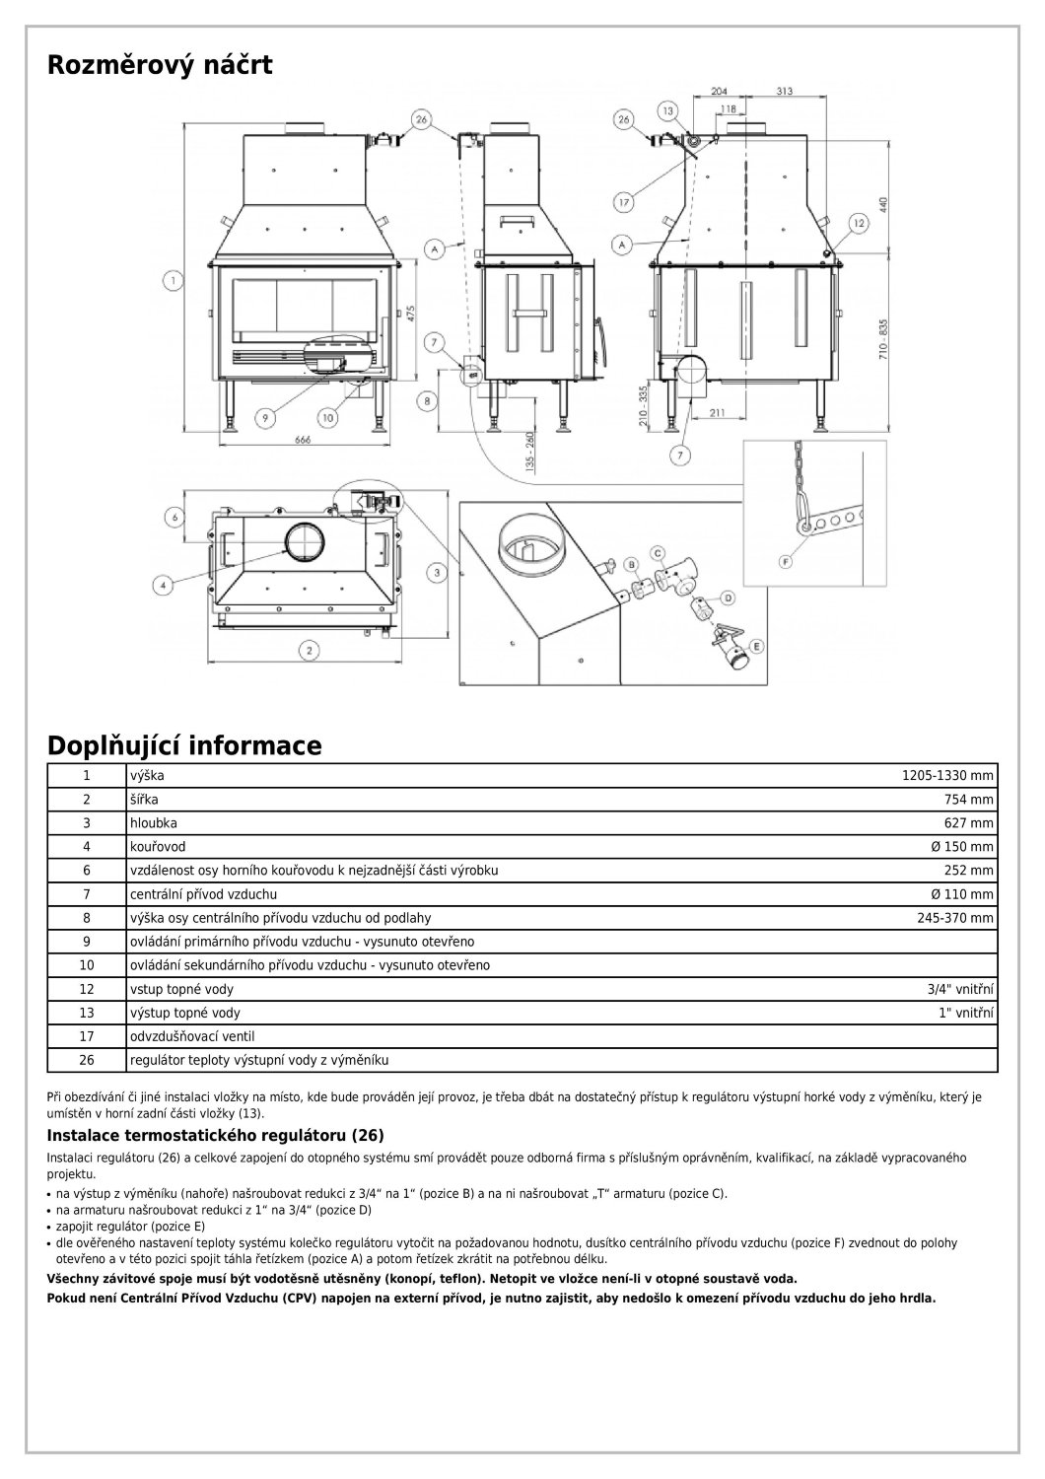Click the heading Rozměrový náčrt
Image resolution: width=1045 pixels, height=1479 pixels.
click(160, 66)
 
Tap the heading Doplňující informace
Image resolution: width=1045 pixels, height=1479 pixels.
click(184, 745)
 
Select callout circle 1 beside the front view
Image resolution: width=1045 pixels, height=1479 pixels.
click(174, 281)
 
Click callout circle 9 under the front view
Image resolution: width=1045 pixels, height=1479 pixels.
click(263, 418)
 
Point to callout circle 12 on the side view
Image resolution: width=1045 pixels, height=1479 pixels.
click(857, 225)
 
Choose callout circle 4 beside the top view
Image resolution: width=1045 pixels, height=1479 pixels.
click(163, 583)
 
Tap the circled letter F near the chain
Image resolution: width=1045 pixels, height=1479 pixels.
click(786, 561)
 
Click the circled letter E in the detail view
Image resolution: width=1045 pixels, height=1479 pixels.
click(757, 646)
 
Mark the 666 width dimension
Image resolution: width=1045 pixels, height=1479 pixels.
click(304, 440)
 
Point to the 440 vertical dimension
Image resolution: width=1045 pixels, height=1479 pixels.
click(884, 205)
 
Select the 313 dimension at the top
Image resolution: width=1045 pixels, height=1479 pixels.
click(784, 91)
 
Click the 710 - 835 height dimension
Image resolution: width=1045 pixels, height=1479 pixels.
click(884, 340)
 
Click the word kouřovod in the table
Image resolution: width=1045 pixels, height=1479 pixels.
click(158, 847)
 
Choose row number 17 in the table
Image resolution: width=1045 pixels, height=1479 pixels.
click(87, 1036)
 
